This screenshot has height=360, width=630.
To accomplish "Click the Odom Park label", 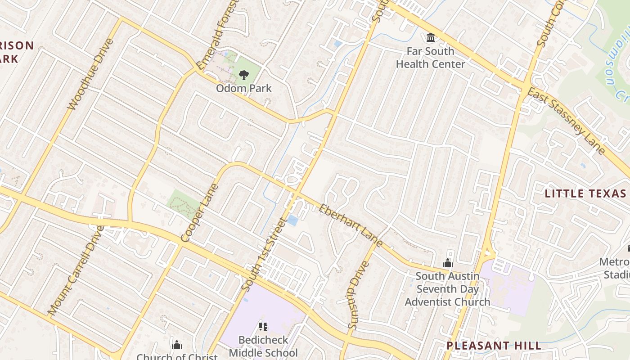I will point(244,88).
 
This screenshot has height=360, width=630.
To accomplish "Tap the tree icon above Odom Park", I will point(244,75).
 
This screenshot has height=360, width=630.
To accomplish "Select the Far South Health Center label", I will point(430,58).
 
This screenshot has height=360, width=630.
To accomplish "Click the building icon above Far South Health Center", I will point(431,37).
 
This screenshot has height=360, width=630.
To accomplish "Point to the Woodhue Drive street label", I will point(90,74).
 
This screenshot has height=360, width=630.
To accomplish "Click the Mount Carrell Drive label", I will point(75,270).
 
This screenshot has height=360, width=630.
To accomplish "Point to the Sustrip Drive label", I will point(358,295).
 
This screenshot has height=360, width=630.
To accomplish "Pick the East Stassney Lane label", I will point(566,121).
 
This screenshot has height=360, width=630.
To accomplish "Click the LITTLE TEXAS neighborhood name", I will point(585,194).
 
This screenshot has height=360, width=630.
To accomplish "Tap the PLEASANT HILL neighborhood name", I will point(494,346).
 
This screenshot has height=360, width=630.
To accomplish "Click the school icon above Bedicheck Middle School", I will point(263,326).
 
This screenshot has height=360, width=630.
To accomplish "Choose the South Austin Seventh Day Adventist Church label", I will point(447,288).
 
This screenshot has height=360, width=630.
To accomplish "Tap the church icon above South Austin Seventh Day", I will point(448,263).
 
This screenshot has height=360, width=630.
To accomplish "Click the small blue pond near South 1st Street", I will point(292,220).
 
